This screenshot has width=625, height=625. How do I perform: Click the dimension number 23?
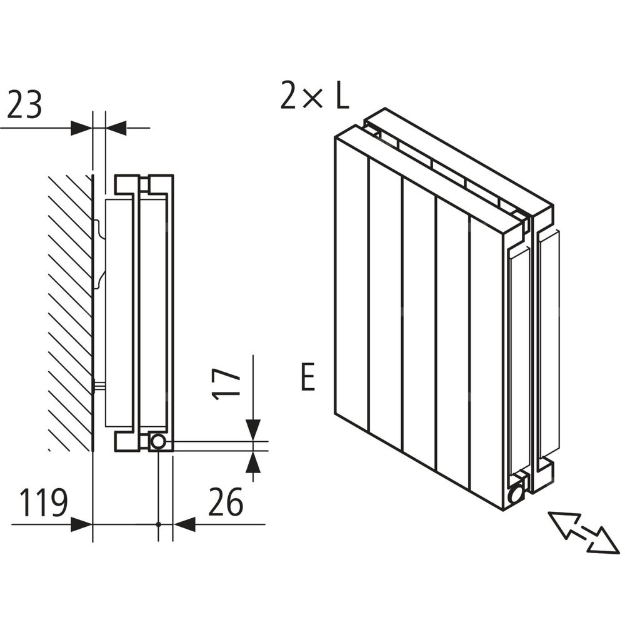[x=24, y=105]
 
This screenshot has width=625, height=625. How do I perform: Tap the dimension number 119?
[x=44, y=502]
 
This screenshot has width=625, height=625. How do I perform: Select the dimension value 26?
[x=225, y=501]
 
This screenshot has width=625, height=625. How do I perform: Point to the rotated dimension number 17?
[x=226, y=384]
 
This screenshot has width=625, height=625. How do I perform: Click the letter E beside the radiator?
[x=307, y=376]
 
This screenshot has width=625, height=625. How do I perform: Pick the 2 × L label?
[x=315, y=95]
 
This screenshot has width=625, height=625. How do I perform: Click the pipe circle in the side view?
[x=158, y=442]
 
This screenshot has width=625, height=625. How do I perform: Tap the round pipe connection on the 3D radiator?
[x=516, y=494]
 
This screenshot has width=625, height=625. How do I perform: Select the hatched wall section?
[x=70, y=313]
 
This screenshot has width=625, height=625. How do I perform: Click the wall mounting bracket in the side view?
[x=99, y=254]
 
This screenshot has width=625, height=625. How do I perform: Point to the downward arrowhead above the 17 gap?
[x=253, y=430]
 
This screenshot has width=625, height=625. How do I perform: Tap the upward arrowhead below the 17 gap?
[x=253, y=462]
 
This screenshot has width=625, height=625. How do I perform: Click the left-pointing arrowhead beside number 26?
[x=184, y=524]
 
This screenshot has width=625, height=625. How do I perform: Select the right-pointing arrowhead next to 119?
[x=81, y=524]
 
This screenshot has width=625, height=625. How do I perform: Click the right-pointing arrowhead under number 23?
[x=81, y=128]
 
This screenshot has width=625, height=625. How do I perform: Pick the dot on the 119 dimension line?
[x=158, y=524]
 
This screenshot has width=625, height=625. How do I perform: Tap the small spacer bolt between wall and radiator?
[x=99, y=385]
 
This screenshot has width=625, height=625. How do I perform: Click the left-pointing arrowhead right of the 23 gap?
[x=116, y=128]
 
